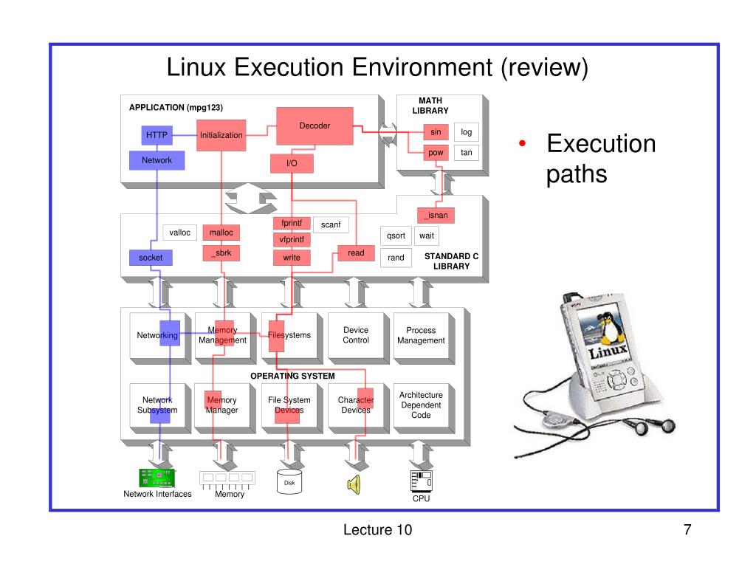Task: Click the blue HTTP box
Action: click(x=157, y=135)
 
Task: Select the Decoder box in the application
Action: click(x=315, y=126)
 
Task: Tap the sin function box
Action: click(x=436, y=132)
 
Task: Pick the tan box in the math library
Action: click(x=467, y=153)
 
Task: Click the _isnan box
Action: click(x=436, y=215)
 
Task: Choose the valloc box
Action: click(x=179, y=233)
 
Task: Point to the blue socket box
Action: click(x=151, y=258)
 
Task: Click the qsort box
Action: click(x=396, y=236)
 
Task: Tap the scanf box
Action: click(x=331, y=224)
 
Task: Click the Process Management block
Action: click(x=421, y=336)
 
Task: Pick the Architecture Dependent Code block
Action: click(x=421, y=405)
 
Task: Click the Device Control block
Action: click(x=356, y=336)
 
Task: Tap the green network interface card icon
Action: click(x=157, y=478)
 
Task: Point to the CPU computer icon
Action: click(x=420, y=481)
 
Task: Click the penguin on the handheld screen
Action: click(x=611, y=329)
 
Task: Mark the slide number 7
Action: click(x=687, y=529)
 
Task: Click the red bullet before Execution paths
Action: click(x=521, y=144)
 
